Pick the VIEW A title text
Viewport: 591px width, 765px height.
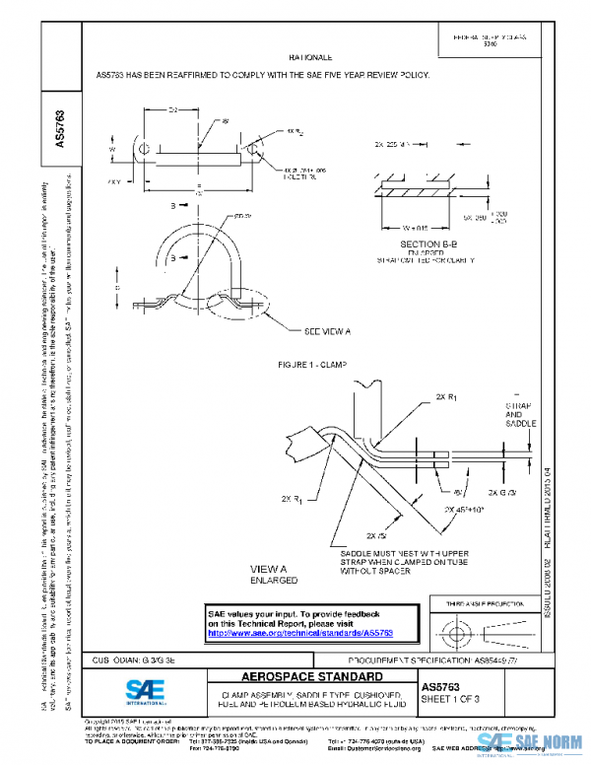268,570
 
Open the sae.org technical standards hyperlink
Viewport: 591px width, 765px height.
300,633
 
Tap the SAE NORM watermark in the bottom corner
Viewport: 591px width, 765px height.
532,749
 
